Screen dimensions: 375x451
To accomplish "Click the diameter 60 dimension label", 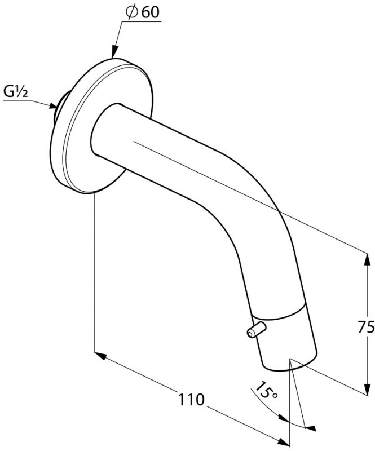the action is pos(143,12).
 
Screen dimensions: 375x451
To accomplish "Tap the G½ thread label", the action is pos(16,92).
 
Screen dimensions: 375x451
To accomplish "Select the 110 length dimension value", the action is pos(191,399).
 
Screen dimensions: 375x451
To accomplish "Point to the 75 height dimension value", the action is pos(366,326).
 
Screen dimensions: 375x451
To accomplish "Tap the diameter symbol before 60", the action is pos(131,12).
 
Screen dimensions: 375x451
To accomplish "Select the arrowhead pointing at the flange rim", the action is pos(114,52).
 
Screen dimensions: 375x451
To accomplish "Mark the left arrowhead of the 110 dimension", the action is pos(101,356).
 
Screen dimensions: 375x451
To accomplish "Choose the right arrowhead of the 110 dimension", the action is pos(283,440).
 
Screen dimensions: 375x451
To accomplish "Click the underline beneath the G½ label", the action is pos(16,101).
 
